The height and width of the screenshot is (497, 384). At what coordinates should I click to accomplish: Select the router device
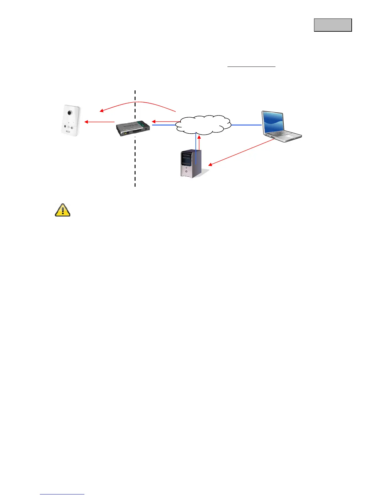133,128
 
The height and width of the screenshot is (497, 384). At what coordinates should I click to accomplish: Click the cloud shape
203,125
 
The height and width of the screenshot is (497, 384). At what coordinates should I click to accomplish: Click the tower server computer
191,164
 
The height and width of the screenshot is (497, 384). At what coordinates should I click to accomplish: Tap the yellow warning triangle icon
63,210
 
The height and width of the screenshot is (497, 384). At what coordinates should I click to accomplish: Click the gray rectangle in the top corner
333,25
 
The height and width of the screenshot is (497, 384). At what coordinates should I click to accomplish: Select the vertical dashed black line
135,163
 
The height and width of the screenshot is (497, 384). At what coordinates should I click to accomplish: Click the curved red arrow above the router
138,102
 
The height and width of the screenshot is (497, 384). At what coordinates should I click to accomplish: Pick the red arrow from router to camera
99,122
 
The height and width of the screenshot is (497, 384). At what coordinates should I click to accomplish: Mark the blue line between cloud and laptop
246,125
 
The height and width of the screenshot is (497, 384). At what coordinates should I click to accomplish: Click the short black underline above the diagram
251,67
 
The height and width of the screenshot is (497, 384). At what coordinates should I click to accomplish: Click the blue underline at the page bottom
62,494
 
